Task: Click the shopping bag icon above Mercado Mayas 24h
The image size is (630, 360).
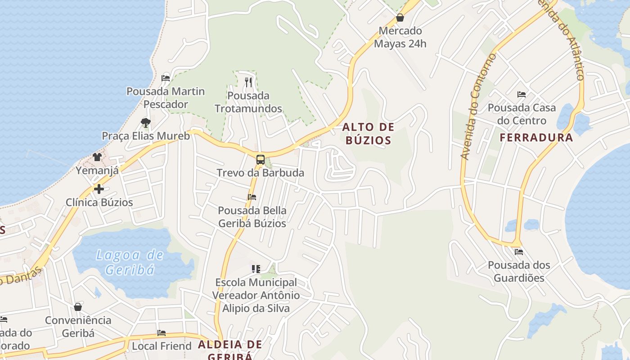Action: point(400,18)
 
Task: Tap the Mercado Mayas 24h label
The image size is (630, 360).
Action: point(400,37)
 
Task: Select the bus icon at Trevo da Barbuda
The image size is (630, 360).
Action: point(260,159)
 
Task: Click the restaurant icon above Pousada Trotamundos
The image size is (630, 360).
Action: point(248,82)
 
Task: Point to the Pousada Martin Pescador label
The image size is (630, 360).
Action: point(166,98)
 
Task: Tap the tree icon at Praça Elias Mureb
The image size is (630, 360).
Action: point(145,122)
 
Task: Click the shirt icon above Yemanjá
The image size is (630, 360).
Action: point(97,157)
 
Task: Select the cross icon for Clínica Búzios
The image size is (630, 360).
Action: point(99,189)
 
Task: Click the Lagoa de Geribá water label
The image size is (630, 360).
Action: point(130,262)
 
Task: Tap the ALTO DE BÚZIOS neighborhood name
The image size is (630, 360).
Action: point(368,134)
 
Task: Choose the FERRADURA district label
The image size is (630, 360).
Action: point(536,138)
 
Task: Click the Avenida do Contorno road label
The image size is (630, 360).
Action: point(478,106)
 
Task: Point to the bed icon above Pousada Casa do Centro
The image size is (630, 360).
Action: point(522,94)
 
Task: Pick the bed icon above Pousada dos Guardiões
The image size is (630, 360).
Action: point(519,252)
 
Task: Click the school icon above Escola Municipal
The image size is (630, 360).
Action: point(256,269)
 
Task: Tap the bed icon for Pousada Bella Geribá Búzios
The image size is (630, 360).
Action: point(252,197)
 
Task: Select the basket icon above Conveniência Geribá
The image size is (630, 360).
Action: point(78,307)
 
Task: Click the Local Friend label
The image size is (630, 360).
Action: point(162,346)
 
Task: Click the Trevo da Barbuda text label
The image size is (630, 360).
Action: point(260,173)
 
